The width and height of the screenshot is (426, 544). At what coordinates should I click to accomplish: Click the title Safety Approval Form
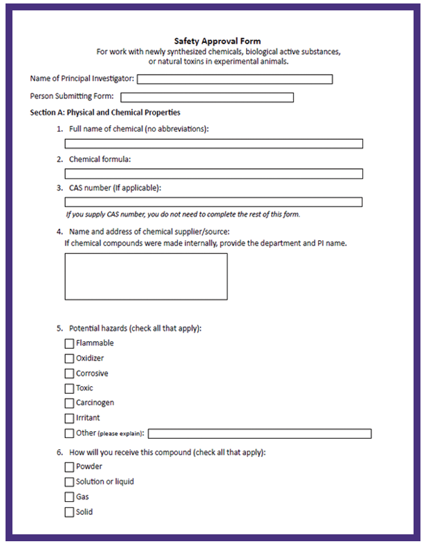tap(217, 42)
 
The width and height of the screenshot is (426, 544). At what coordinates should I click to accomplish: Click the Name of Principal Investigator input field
tap(234, 80)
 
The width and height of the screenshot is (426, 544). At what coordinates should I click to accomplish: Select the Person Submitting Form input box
tap(207, 98)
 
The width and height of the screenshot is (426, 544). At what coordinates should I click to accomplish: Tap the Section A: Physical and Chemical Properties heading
tap(105, 112)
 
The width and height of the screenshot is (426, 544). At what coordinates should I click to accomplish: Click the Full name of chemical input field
tap(214, 144)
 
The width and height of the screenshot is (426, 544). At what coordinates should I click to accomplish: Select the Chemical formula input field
tap(214, 174)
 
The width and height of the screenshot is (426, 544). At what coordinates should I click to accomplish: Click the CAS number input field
tap(214, 202)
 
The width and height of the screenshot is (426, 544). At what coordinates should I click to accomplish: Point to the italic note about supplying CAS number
tap(183, 215)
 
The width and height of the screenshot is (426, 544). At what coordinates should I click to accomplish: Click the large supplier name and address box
tap(146, 276)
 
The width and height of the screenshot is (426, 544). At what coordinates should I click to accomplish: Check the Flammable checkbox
tap(69, 343)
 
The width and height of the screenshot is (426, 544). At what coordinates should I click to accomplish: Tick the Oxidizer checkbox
tap(69, 359)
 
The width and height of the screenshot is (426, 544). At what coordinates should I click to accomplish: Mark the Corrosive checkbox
tap(69, 374)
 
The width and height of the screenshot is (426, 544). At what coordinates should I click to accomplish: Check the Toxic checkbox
tap(69, 388)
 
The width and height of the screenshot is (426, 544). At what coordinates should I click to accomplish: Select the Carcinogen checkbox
tap(69, 403)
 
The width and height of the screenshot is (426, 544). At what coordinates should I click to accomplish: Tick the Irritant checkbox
tap(69, 418)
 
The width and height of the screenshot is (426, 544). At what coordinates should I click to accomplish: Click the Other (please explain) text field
tap(259, 434)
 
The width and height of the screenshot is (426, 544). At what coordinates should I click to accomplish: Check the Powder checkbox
tap(69, 466)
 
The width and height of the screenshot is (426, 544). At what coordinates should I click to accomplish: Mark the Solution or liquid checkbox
tap(69, 482)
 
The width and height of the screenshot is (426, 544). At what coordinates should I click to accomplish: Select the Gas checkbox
tap(69, 497)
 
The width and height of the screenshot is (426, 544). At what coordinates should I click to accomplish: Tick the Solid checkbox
tap(69, 512)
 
